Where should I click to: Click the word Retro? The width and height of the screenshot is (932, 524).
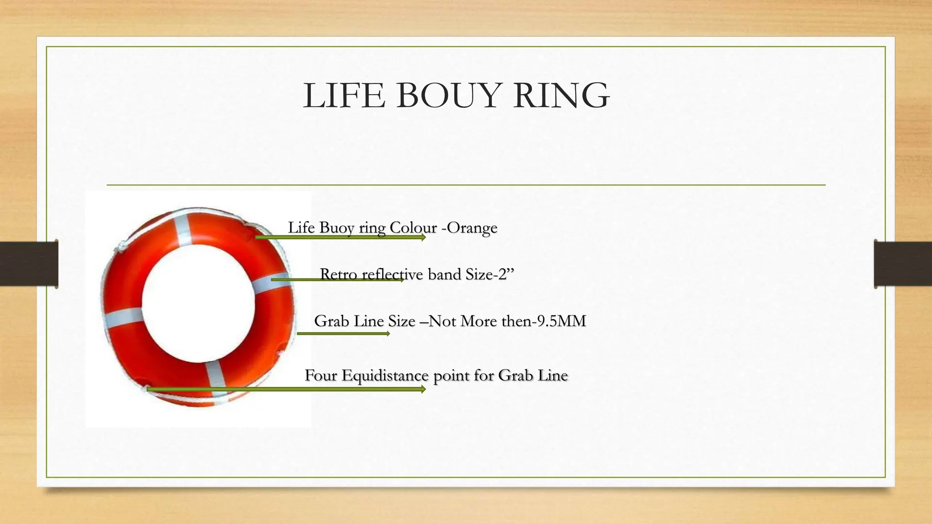[338, 274]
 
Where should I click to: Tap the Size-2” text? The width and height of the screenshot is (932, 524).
[490, 274]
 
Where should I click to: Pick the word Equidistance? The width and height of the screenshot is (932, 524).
[385, 376]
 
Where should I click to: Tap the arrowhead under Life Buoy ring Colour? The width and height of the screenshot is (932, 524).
[423, 237]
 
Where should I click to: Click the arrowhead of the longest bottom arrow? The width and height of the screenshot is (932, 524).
[423, 389]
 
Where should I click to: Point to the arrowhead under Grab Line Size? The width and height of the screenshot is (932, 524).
[388, 334]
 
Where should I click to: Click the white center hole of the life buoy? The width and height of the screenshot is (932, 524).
[198, 302]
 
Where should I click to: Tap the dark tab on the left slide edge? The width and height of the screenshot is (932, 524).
[29, 264]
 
